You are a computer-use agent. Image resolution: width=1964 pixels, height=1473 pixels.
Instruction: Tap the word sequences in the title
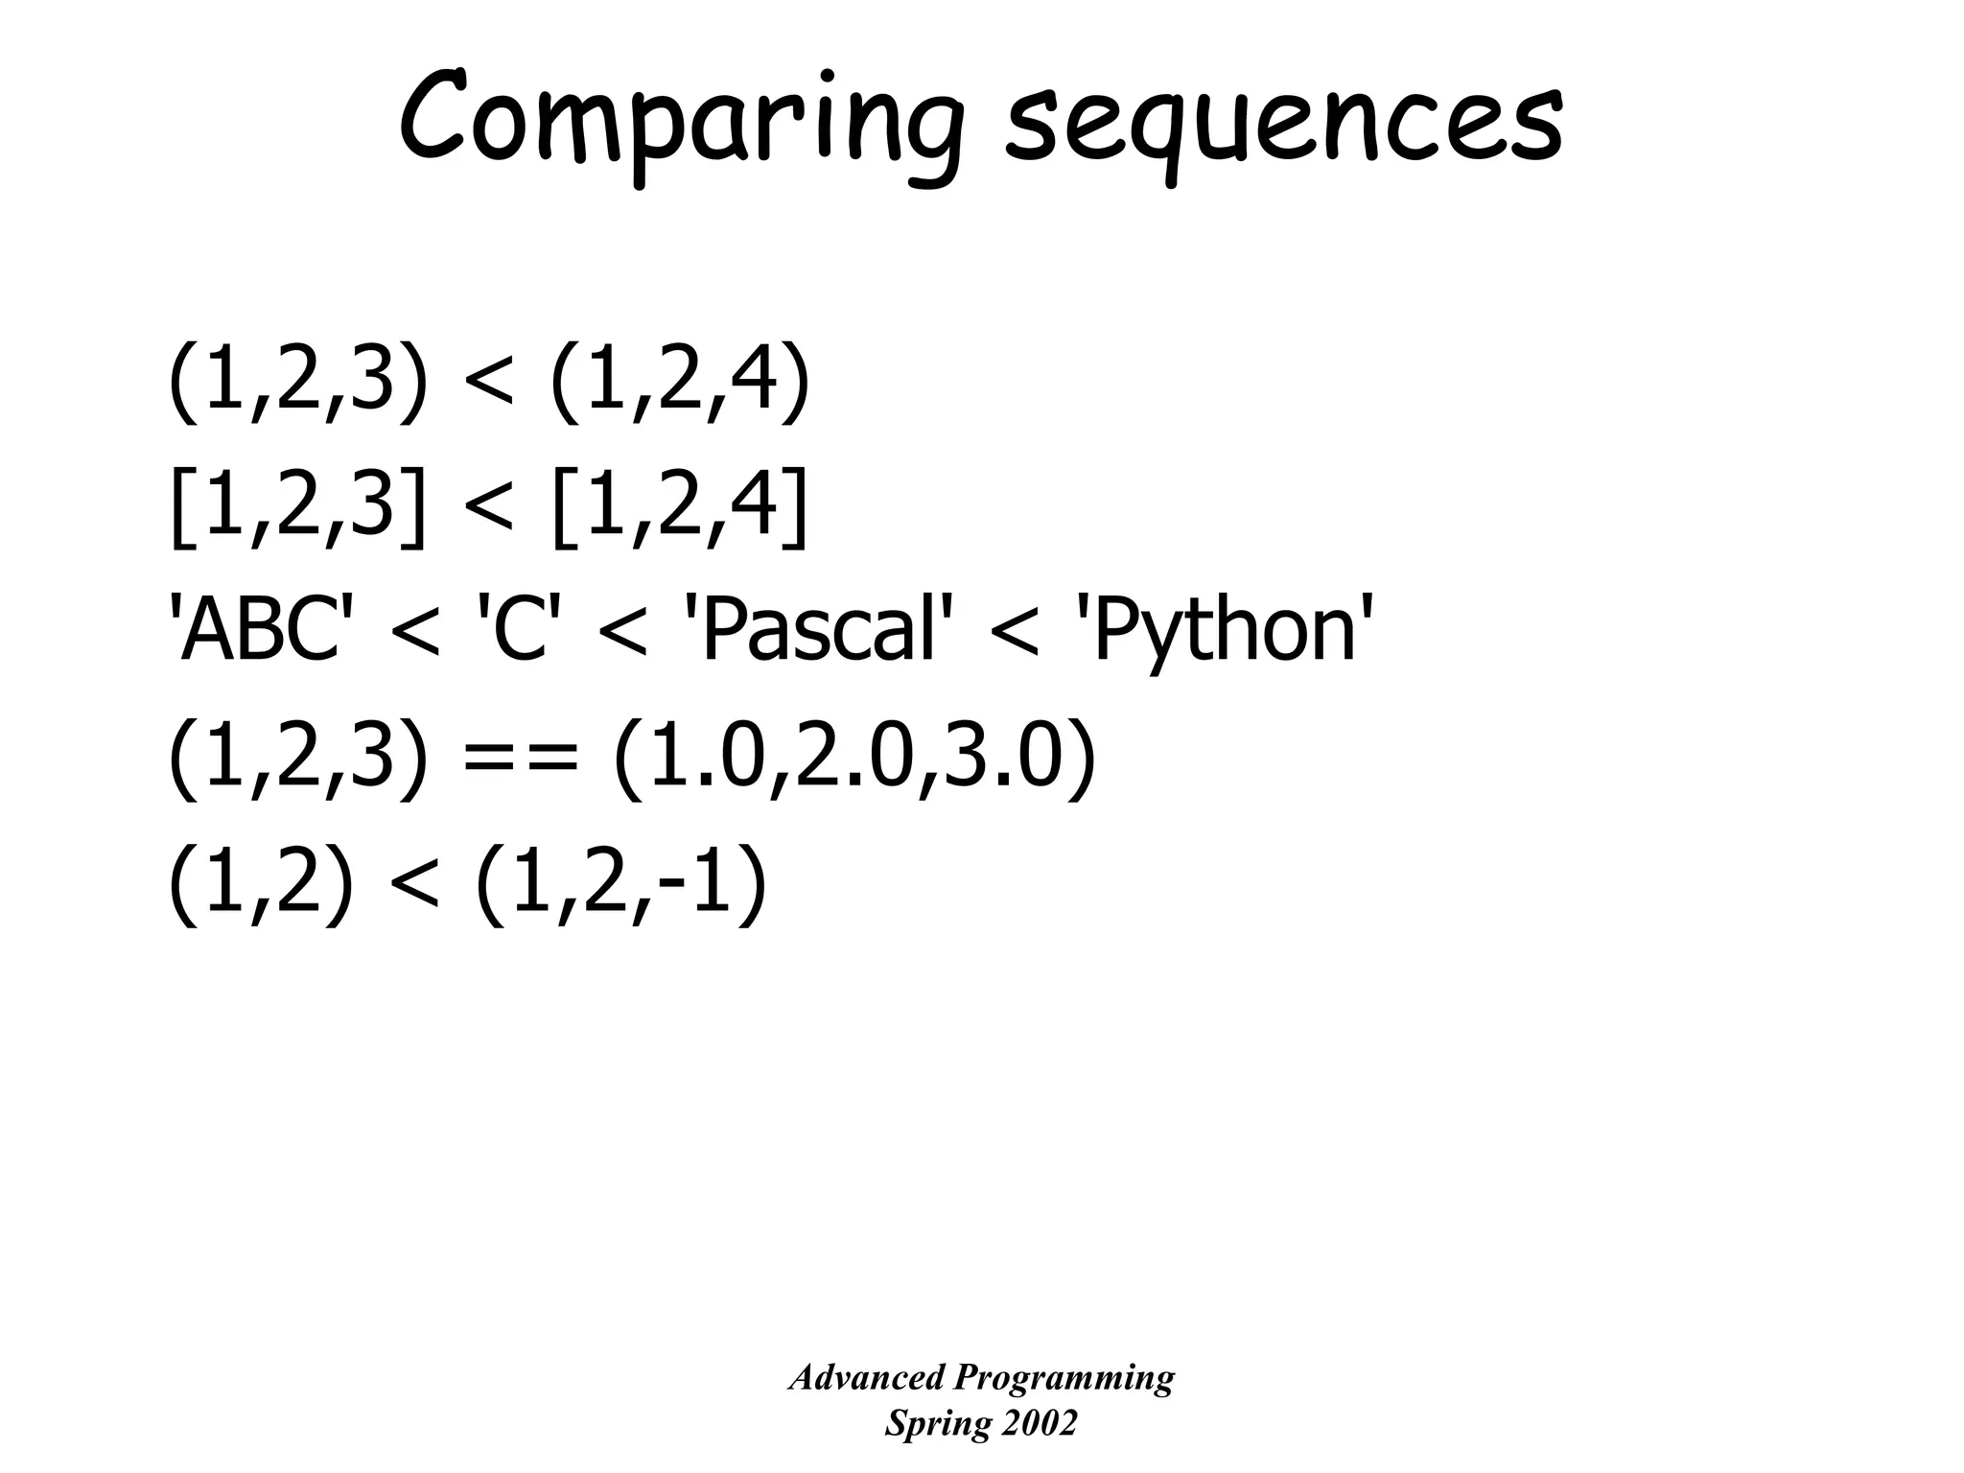tap(1284, 125)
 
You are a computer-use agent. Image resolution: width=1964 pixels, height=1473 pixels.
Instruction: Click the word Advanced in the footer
tap(866, 1378)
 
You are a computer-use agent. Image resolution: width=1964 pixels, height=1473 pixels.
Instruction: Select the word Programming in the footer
tap(1064, 1378)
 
